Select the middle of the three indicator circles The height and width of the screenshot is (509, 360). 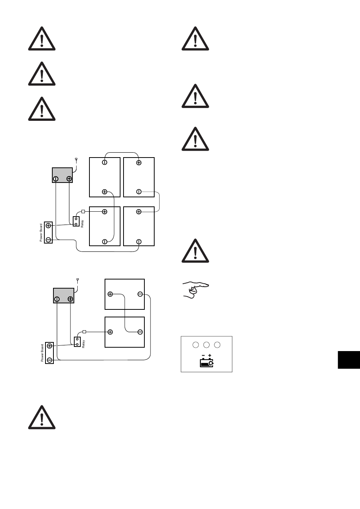click(x=207, y=345)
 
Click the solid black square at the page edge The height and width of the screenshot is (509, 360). click(x=349, y=359)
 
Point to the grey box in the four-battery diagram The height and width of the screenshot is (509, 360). click(x=62, y=175)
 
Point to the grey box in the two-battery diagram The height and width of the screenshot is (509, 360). click(x=63, y=295)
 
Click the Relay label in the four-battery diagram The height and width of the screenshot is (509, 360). click(x=82, y=223)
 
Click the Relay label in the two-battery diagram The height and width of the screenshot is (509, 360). click(x=83, y=344)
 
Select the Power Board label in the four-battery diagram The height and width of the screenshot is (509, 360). click(x=41, y=233)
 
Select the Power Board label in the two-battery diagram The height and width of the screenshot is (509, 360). click(x=42, y=353)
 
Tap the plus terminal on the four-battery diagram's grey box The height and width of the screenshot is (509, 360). click(x=69, y=179)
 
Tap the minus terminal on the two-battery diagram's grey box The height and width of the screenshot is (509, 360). click(x=57, y=299)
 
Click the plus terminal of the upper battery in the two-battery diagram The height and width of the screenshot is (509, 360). click(x=110, y=294)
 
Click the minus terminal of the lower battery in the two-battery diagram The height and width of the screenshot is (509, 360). click(x=140, y=332)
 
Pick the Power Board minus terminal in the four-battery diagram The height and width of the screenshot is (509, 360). click(x=49, y=240)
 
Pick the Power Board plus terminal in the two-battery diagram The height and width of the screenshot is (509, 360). click(x=50, y=346)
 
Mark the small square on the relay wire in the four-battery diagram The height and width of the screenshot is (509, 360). click(x=83, y=211)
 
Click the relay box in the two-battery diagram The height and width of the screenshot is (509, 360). click(x=77, y=342)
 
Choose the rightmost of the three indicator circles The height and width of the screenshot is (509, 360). click(x=217, y=345)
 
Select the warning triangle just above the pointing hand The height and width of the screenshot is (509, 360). click(x=195, y=251)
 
